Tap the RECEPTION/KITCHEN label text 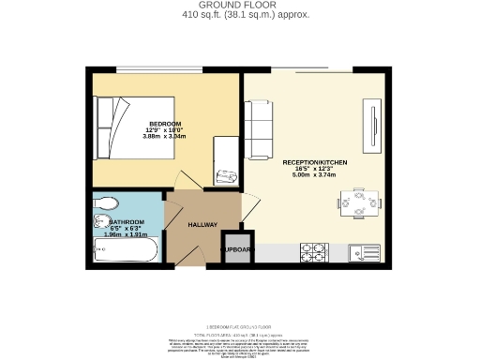click(x=315, y=163)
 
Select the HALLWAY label click(x=202, y=225)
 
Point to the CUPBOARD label click(x=236, y=250)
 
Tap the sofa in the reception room click(x=259, y=128)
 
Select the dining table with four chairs click(x=360, y=202)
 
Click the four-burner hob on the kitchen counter click(x=312, y=252)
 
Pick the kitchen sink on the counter click(x=361, y=252)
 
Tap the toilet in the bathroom click(x=106, y=202)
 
